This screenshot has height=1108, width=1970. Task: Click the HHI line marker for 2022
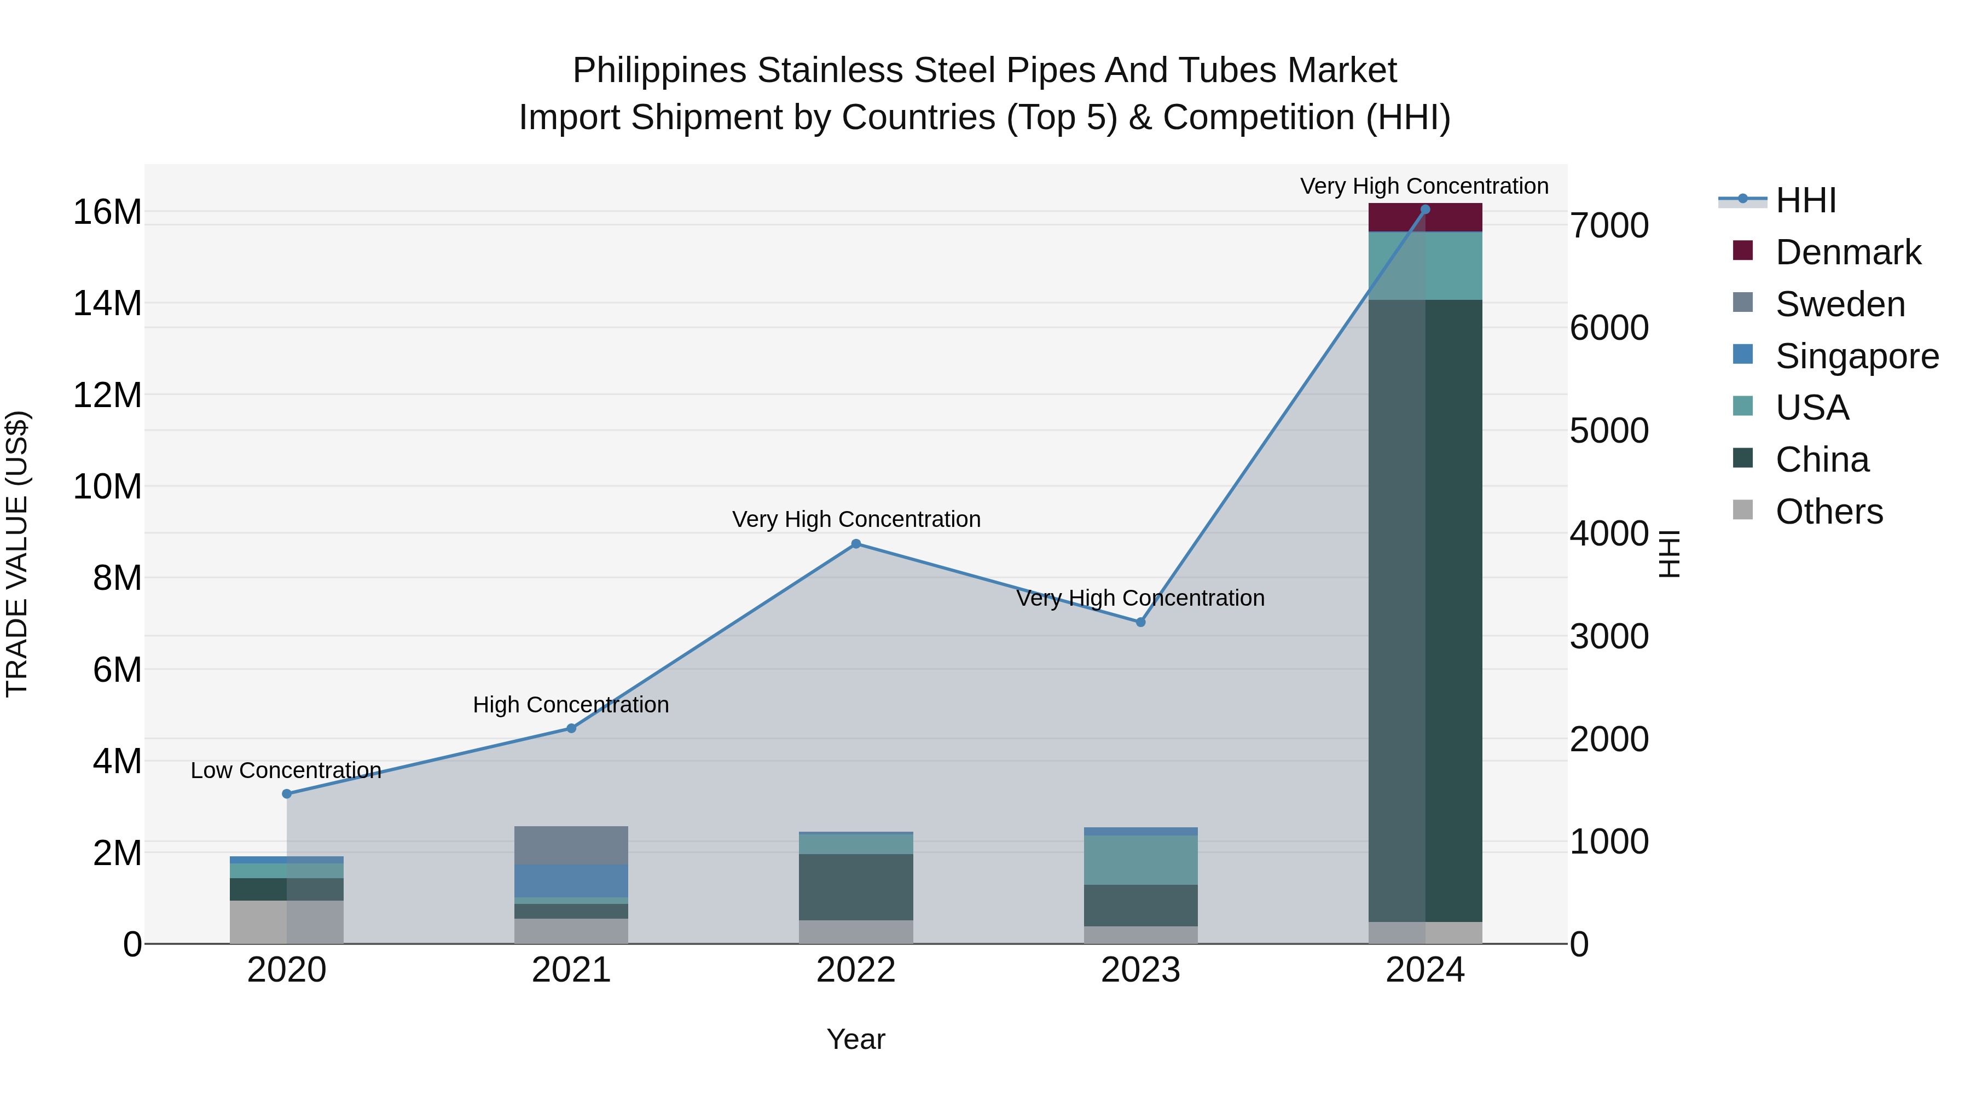(x=856, y=544)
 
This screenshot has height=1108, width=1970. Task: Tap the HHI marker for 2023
(x=1140, y=622)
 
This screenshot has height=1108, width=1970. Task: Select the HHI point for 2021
(x=571, y=728)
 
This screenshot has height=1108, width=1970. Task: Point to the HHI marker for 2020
(x=287, y=794)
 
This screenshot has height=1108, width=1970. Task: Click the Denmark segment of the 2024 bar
(x=1425, y=218)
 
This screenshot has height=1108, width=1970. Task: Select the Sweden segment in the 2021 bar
(x=571, y=845)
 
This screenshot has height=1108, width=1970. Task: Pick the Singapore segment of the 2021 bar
(x=571, y=880)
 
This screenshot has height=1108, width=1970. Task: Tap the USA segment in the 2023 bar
(x=1140, y=860)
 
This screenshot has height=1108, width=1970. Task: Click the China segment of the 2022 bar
(x=856, y=886)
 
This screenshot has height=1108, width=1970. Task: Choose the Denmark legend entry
(x=1847, y=252)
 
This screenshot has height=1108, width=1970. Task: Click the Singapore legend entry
(x=1857, y=356)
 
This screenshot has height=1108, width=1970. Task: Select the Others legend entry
(x=1828, y=512)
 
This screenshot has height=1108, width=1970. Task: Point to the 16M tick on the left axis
(x=107, y=212)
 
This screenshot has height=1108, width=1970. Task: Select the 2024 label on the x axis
(x=1425, y=970)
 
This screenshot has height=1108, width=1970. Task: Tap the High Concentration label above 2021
(x=571, y=704)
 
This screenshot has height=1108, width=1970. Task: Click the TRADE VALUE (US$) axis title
(x=17, y=554)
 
